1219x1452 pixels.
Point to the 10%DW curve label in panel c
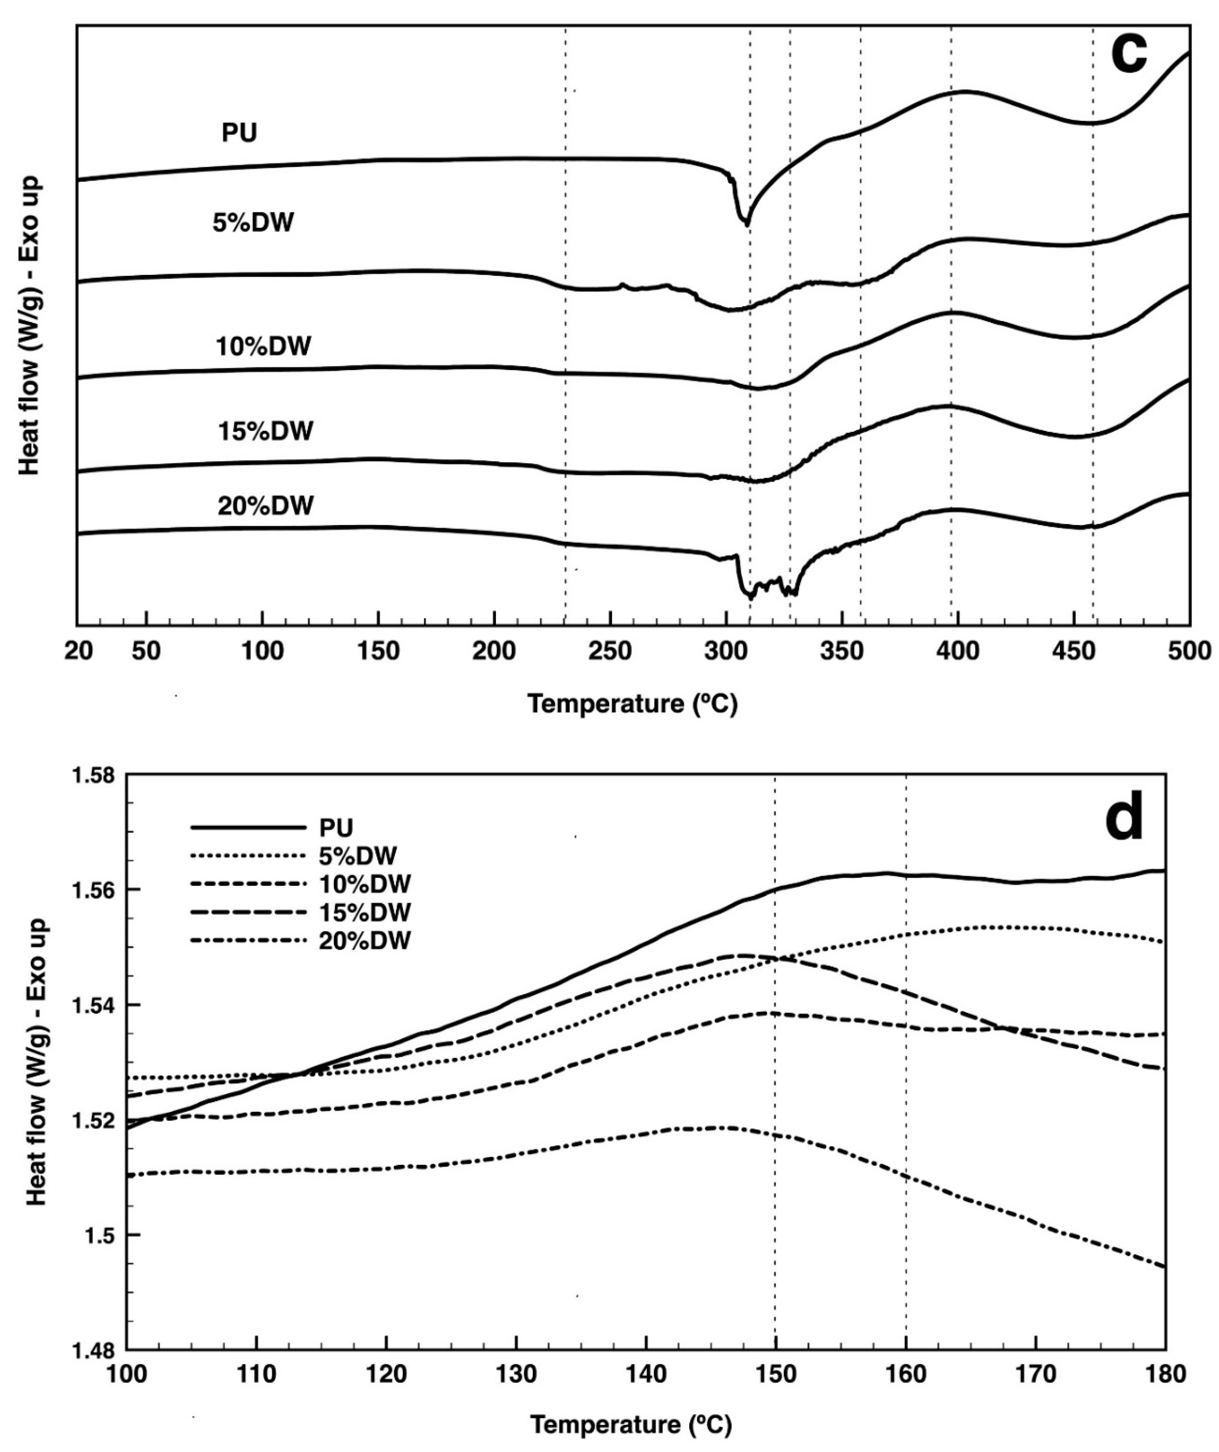263,346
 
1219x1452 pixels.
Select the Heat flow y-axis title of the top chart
30,325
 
